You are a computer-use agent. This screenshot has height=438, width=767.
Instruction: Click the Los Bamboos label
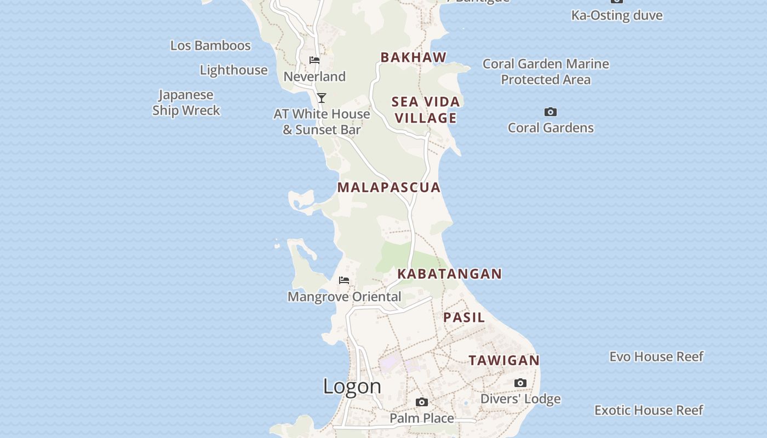(210, 45)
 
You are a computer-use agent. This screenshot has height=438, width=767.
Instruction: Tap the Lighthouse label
(233, 70)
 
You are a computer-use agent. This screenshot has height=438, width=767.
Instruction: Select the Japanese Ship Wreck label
(186, 102)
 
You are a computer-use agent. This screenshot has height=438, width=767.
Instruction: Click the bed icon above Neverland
(314, 60)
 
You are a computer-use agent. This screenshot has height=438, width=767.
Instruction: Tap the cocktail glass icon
(322, 98)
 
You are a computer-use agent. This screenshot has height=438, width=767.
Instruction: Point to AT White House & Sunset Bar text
(322, 122)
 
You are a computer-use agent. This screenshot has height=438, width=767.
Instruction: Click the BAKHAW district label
(414, 57)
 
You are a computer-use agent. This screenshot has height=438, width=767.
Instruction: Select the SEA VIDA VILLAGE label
(426, 109)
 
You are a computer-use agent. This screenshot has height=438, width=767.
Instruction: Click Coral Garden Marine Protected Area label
(546, 72)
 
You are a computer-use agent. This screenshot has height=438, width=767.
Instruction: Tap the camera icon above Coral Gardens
(551, 112)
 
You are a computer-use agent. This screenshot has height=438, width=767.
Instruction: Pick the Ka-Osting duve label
(617, 15)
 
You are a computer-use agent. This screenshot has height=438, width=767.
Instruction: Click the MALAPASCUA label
(389, 187)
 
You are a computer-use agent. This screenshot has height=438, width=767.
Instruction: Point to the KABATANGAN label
(449, 274)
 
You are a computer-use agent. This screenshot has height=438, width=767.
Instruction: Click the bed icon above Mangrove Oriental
(344, 280)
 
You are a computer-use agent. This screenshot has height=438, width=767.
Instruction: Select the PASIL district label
(464, 318)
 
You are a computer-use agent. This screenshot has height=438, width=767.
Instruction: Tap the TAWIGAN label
(504, 360)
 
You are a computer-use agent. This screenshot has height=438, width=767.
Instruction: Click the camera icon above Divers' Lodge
(520, 383)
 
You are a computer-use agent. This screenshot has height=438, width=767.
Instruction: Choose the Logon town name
(352, 387)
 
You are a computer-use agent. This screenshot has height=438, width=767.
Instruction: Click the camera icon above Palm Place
(422, 402)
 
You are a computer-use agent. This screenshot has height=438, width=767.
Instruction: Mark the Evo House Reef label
(656, 357)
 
